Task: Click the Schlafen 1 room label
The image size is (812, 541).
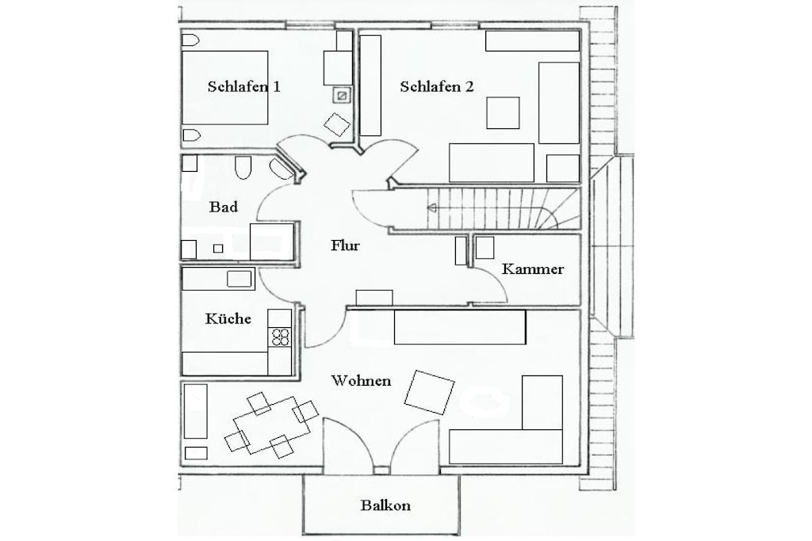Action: (244, 86)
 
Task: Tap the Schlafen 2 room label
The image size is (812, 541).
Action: (437, 86)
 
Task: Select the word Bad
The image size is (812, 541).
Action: (224, 207)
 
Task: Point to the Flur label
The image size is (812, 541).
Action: (346, 246)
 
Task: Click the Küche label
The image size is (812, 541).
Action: (228, 318)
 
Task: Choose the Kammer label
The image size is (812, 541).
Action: (533, 269)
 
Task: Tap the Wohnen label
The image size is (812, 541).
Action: (361, 381)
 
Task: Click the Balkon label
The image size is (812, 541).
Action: (386, 505)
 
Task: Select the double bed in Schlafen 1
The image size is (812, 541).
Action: (224, 87)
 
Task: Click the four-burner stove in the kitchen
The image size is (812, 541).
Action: (280, 337)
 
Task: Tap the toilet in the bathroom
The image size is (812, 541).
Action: (243, 167)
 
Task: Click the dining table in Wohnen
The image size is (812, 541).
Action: (272, 425)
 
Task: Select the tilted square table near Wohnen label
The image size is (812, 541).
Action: (429, 392)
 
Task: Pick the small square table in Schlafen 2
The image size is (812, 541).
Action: (503, 112)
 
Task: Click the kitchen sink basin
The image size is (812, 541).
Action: (239, 279)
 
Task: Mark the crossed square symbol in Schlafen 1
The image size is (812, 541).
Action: (342, 95)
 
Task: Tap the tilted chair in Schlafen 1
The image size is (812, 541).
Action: (337, 124)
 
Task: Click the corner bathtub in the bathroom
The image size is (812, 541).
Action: (282, 169)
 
